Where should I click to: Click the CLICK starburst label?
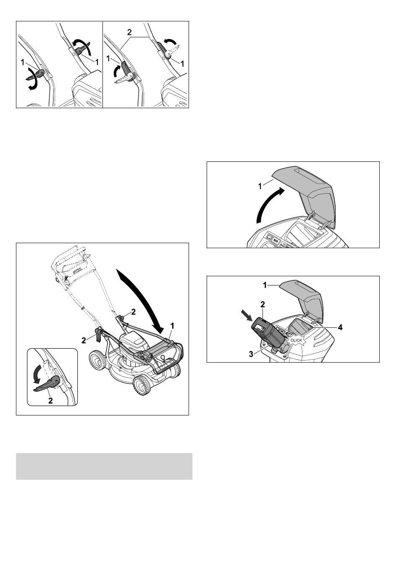click(296, 340)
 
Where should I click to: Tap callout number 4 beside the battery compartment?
click(340, 327)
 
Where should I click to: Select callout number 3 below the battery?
click(251, 354)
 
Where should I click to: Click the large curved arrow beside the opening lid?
click(270, 203)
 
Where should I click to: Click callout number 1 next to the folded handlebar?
click(172, 326)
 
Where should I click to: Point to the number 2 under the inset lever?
click(50, 400)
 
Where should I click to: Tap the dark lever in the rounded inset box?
click(47, 383)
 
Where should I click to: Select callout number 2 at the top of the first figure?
click(129, 32)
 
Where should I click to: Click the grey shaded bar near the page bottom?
click(104, 466)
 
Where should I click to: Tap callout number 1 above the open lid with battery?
click(265, 285)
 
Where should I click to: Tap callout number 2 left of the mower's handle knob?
click(84, 340)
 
